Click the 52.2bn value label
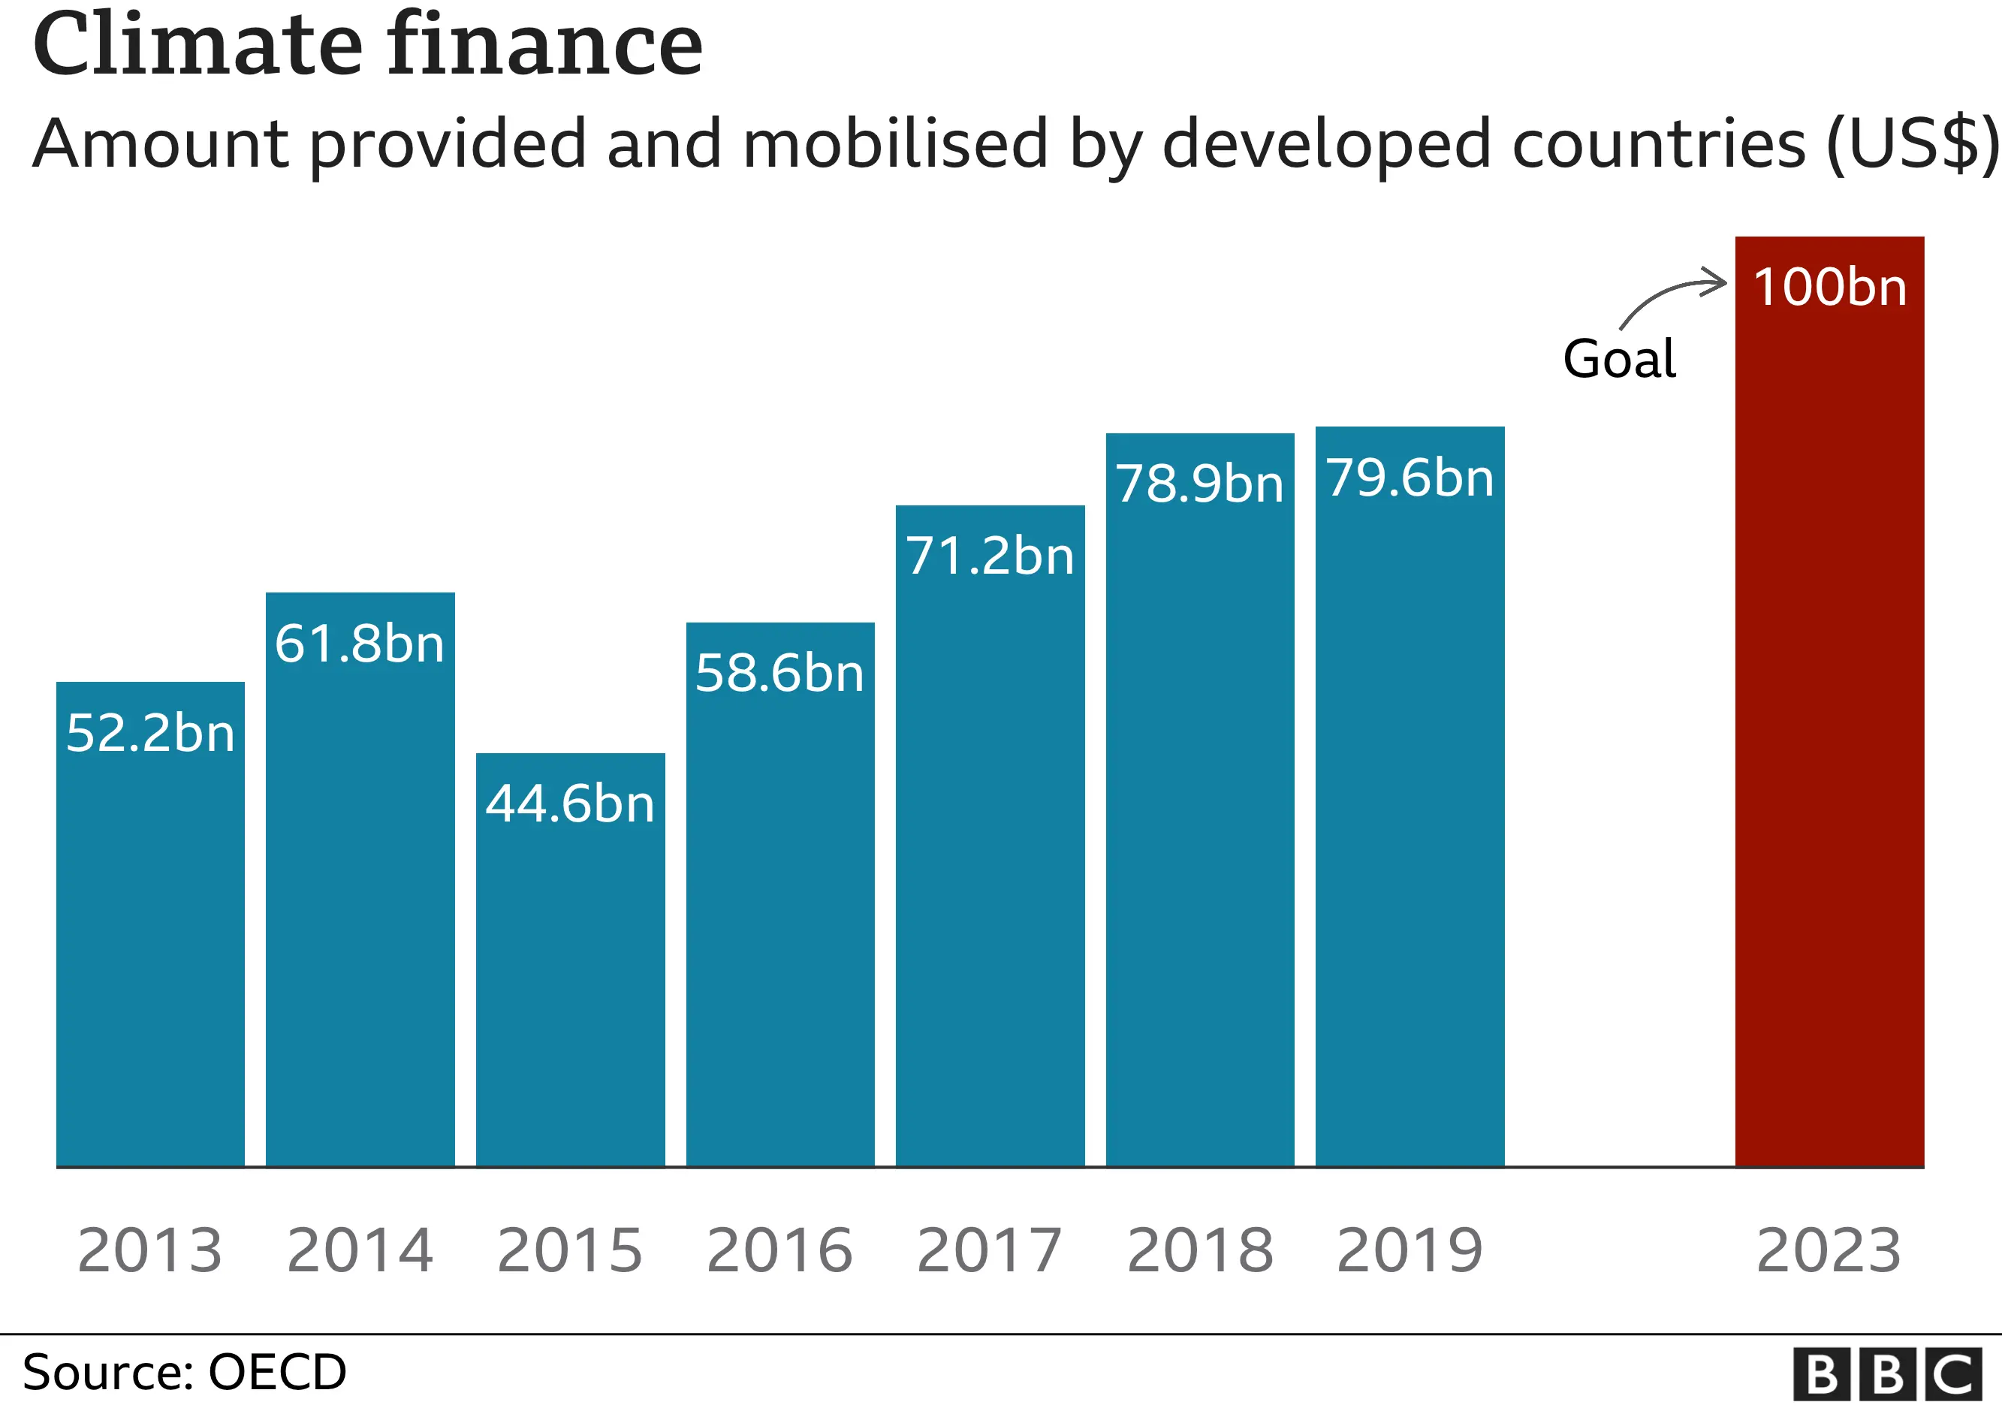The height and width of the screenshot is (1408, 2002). click(x=150, y=732)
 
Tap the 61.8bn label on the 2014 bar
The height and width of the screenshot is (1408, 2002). click(x=359, y=644)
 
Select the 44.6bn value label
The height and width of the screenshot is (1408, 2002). click(x=569, y=803)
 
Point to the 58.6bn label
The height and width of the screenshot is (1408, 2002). click(x=779, y=673)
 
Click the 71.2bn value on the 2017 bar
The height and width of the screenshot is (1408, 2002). click(x=990, y=556)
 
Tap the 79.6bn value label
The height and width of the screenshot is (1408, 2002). click(x=1410, y=477)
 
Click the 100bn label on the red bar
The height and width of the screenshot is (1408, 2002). click(x=1829, y=287)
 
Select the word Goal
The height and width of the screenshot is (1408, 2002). click(x=1619, y=358)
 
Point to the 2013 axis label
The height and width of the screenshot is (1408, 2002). click(x=150, y=1250)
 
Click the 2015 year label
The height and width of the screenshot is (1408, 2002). click(x=569, y=1250)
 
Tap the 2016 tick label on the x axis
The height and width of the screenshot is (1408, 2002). click(x=779, y=1250)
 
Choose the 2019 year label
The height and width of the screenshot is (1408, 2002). click(x=1410, y=1250)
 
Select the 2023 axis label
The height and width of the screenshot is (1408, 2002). click(x=1829, y=1250)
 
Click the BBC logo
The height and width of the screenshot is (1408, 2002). click(x=1887, y=1375)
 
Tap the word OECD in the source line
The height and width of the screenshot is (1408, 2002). click(x=277, y=1372)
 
